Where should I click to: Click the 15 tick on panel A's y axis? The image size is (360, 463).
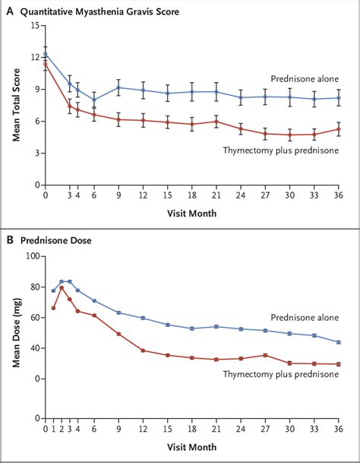click(x=34, y=26)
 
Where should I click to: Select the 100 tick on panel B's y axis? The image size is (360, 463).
click(x=32, y=255)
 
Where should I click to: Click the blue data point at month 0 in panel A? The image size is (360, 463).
click(x=46, y=54)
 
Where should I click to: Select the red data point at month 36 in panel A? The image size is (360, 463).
click(x=339, y=128)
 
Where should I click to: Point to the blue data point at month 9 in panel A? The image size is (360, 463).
click(x=118, y=87)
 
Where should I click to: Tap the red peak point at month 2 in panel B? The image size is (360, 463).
click(x=62, y=287)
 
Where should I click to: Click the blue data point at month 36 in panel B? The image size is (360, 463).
click(x=339, y=342)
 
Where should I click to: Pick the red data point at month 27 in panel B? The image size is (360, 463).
click(x=265, y=355)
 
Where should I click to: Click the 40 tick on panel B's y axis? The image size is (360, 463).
click(x=34, y=348)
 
